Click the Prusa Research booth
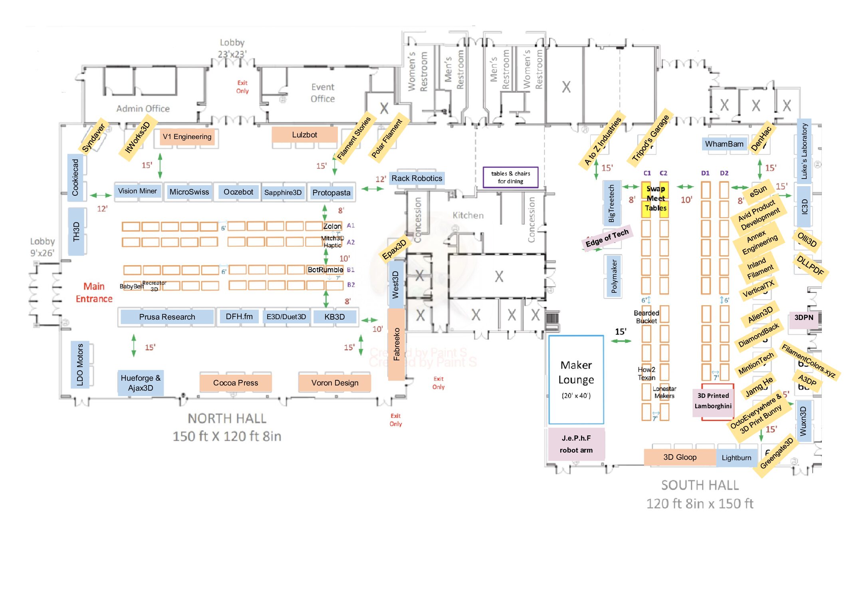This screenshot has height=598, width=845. coord(167,317)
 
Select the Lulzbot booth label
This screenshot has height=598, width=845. coord(304,135)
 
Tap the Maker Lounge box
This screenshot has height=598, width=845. coord(576,379)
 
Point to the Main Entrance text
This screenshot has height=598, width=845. coord(94,292)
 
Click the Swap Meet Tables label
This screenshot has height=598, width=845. coord(655,198)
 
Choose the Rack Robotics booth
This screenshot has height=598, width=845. coord(417,178)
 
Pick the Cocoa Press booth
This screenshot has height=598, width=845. coord(236,383)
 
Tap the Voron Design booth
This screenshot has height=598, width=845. coord(335,383)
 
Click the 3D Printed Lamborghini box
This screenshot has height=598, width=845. coord(713,401)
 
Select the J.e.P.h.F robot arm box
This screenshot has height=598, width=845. coord(576,444)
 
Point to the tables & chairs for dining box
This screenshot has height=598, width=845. coord(510,177)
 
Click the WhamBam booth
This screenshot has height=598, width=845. coord(724,144)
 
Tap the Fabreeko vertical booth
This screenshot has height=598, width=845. coord(397,344)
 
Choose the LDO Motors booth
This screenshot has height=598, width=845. coord(80,364)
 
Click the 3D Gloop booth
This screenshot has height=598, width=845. coord(680,457)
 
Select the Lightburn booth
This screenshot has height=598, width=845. coord(736,458)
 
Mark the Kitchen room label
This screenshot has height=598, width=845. coord(468,215)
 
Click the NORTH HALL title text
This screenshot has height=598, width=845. coord(227,419)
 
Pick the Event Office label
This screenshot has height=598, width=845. coord(323,93)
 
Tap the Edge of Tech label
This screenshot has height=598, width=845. coord(607,238)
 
